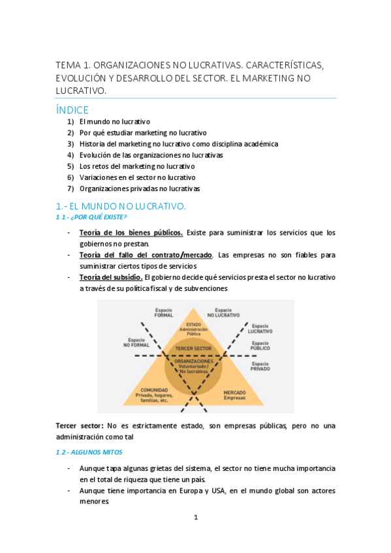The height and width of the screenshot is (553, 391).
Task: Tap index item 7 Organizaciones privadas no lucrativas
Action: (x=139, y=188)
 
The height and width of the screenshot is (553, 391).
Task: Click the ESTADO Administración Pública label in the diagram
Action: (x=193, y=329)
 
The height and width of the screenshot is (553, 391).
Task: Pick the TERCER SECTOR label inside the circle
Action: (x=194, y=349)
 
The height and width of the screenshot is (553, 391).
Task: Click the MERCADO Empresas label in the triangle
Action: (x=235, y=395)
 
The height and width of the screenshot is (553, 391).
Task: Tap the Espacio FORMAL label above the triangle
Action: (x=164, y=312)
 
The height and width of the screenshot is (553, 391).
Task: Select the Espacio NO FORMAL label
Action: (x=136, y=342)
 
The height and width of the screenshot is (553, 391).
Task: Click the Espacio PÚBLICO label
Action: (x=260, y=346)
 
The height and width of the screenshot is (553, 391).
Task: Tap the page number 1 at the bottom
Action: (x=195, y=517)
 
